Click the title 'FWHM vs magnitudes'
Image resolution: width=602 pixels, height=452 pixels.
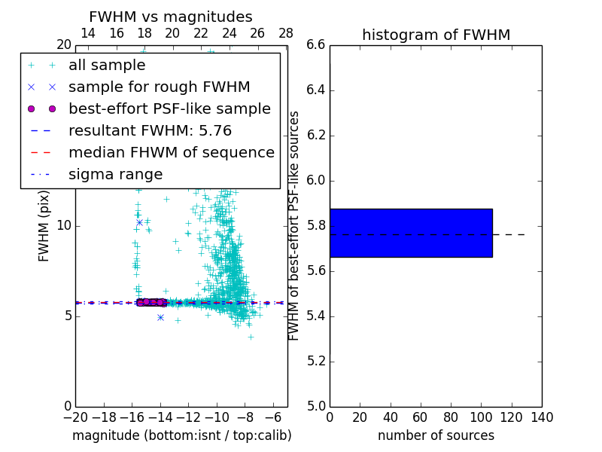pyautogui.click(x=171, y=17)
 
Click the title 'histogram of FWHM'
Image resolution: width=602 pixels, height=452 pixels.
pyautogui.click(x=436, y=35)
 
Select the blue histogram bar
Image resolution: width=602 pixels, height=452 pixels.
pyautogui.click(x=411, y=233)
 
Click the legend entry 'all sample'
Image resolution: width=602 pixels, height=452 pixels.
pyautogui.click(x=107, y=66)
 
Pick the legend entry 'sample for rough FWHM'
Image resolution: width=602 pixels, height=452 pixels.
pyautogui.click(x=159, y=87)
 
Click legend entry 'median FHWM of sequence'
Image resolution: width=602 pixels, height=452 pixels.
pyautogui.click(x=171, y=152)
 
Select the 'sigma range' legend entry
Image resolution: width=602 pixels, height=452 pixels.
pyautogui.click(x=115, y=174)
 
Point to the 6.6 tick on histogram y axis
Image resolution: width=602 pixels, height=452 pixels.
pyautogui.click(x=315, y=45)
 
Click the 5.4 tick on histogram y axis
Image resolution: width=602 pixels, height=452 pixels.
pyautogui.click(x=315, y=316)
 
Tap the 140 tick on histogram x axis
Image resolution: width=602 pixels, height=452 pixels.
pyautogui.click(x=542, y=417)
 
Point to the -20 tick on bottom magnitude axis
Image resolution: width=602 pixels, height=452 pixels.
pyautogui.click(x=75, y=417)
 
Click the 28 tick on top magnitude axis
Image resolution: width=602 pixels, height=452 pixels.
pyautogui.click(x=286, y=33)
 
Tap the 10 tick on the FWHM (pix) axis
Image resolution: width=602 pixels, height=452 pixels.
pyautogui.click(x=63, y=226)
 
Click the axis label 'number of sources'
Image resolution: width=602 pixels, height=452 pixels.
pyautogui.click(x=436, y=435)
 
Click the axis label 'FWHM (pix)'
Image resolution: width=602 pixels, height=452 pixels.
pyautogui.click(x=44, y=225)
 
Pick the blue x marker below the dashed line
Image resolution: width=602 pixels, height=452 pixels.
pyautogui.click(x=160, y=317)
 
